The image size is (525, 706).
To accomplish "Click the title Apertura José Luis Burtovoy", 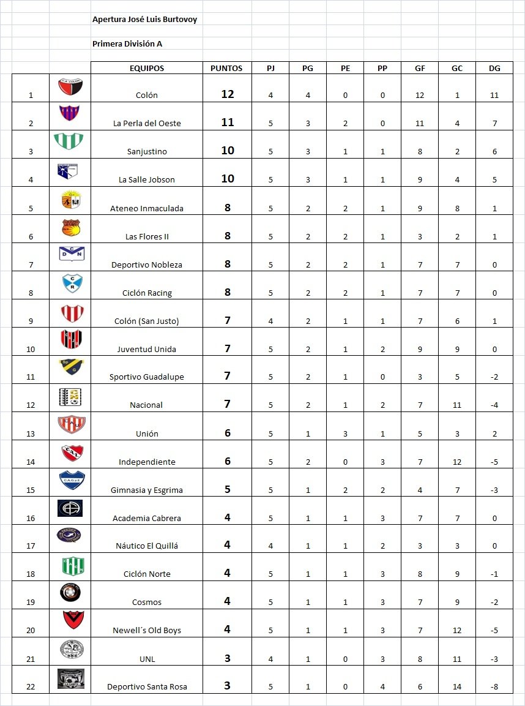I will (144, 20).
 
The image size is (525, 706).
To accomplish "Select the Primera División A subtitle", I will (127, 44).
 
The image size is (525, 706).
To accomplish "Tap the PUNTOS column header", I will (226, 69).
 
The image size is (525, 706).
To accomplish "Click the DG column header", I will (494, 69).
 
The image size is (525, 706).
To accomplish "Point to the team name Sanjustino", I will (147, 152).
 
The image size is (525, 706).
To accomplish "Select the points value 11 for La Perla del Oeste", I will (228, 122).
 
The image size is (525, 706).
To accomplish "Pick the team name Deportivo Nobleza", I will (147, 265).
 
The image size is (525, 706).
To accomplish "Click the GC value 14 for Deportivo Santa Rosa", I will (457, 687).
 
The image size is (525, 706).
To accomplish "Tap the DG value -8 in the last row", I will (494, 687).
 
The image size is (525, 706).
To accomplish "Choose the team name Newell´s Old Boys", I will (147, 631).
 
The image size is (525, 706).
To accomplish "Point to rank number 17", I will (31, 546).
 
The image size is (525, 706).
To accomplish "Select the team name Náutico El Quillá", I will (147, 546).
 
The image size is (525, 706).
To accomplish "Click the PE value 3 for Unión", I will (345, 434).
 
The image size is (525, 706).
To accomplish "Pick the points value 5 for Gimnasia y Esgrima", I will (228, 489).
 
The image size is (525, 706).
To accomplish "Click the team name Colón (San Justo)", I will (147, 321).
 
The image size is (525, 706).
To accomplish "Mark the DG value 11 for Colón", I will (494, 96).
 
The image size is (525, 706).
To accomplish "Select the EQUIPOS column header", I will (147, 69).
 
